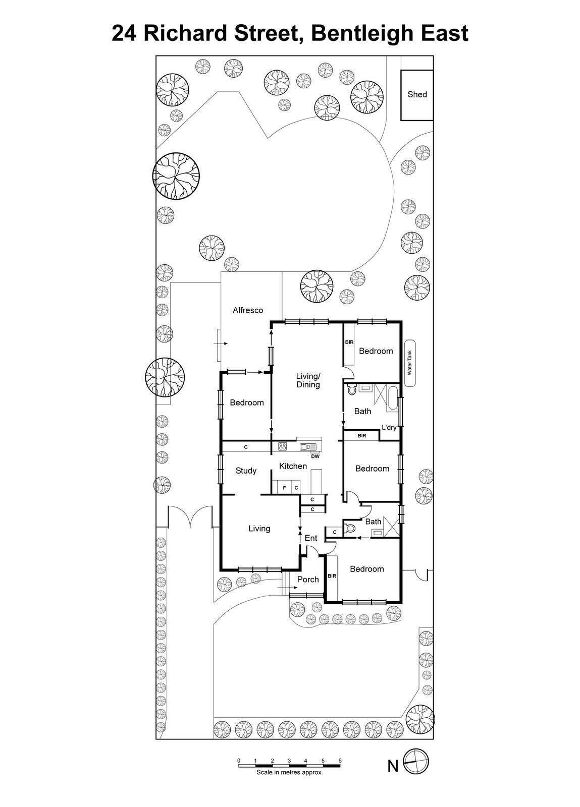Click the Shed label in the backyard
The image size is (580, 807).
(x=417, y=94)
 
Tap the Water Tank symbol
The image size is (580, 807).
(x=410, y=362)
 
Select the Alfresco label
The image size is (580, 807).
(x=248, y=310)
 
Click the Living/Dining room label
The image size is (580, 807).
(x=308, y=380)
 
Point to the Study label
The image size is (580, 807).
(x=246, y=471)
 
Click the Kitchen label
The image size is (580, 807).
(x=293, y=466)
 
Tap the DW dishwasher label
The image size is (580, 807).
(x=315, y=456)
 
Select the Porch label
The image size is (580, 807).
(x=308, y=580)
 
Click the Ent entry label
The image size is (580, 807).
(x=311, y=538)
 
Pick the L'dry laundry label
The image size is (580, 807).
(x=389, y=428)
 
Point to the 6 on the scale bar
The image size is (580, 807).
(x=340, y=761)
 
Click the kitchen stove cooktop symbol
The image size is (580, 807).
(x=282, y=446)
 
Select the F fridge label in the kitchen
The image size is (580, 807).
(x=284, y=488)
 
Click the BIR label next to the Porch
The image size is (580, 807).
(x=332, y=576)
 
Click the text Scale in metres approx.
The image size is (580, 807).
(x=289, y=772)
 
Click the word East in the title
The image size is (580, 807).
(x=441, y=33)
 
